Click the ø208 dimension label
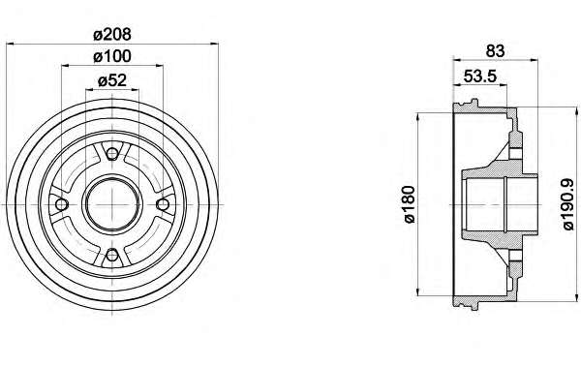tap(112, 35)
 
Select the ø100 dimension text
tap(112, 57)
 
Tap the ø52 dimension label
tap(112, 80)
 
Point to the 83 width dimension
tap(495, 50)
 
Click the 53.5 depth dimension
tap(480, 76)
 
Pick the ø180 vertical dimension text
tap(410, 204)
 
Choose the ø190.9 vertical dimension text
tap(568, 204)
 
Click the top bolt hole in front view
tap(112, 153)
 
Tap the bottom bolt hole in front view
tap(112, 256)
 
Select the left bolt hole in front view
tap(61, 204)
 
